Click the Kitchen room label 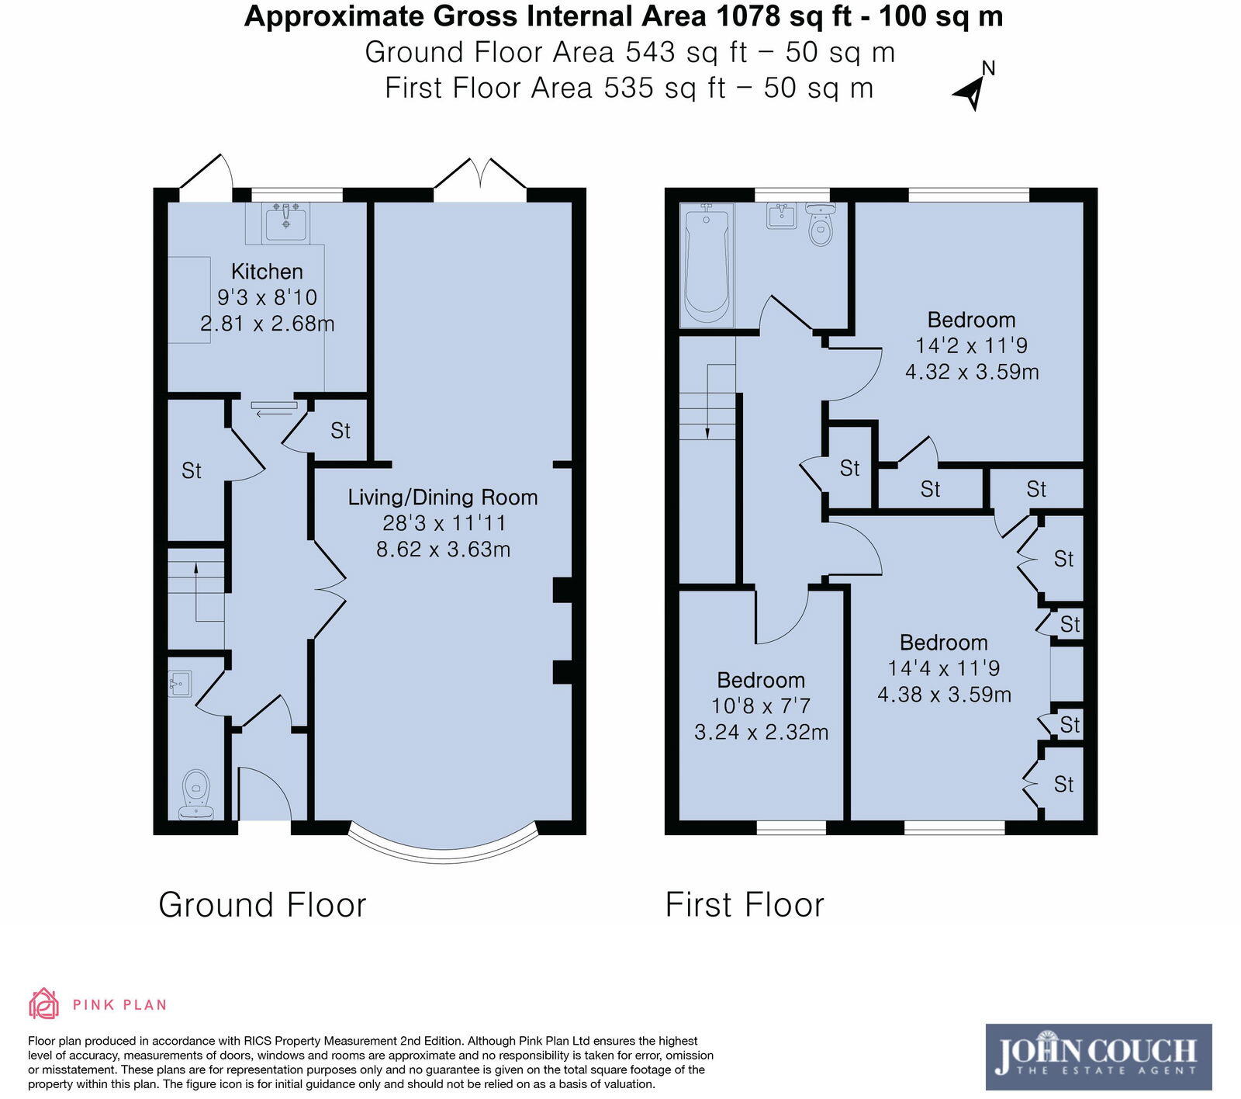[x=267, y=272]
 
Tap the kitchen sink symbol [x=286, y=223]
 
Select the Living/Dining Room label [x=442, y=497]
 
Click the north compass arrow [x=971, y=92]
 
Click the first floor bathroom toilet [x=820, y=225]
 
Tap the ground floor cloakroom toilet [x=196, y=796]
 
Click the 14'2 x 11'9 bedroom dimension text [x=971, y=345]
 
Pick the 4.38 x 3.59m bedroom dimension [x=944, y=695]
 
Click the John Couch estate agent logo [x=1098, y=1056]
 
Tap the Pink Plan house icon [x=43, y=1004]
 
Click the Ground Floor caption [x=262, y=905]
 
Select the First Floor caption [x=745, y=905]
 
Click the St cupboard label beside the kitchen [x=340, y=431]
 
